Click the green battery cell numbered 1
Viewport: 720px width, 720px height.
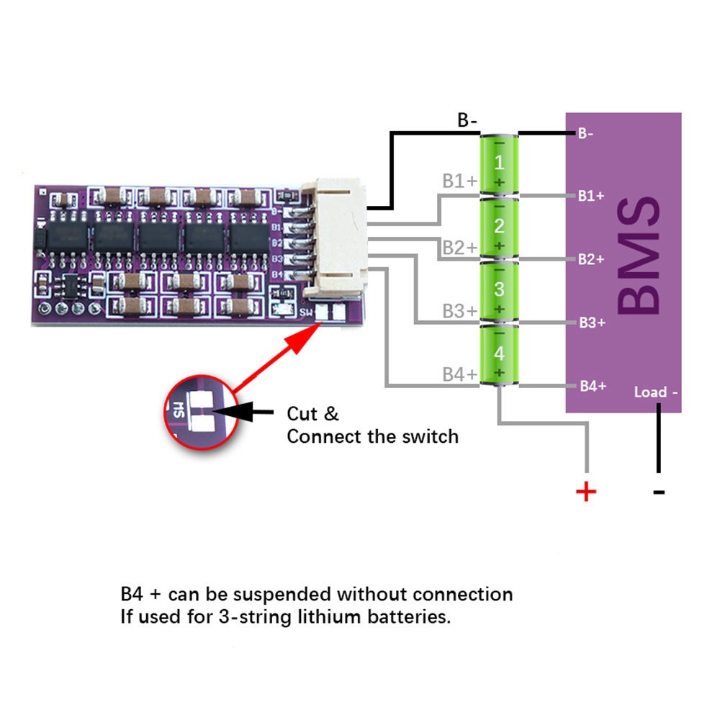click(499, 163)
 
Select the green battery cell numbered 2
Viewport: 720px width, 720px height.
click(499, 227)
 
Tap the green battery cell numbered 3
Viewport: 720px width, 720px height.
click(499, 290)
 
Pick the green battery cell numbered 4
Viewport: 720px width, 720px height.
click(499, 354)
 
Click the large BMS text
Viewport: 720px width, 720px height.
click(638, 258)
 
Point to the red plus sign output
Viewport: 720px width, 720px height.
click(587, 492)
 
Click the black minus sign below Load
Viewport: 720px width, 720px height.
click(658, 492)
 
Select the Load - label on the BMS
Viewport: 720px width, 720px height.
click(655, 392)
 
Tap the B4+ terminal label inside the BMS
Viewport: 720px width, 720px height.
click(592, 387)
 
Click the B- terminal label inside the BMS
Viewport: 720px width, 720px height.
click(585, 133)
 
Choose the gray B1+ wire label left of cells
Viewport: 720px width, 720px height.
click(459, 181)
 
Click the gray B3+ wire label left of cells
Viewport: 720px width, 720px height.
click(459, 311)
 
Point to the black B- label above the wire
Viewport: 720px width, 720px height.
click(468, 120)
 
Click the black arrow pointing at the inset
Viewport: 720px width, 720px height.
click(245, 412)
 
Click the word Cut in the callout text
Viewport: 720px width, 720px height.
click(303, 414)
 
